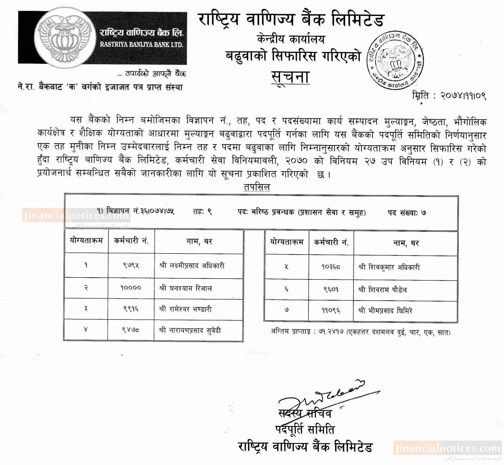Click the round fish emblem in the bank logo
(65, 38)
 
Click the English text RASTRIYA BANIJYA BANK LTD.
(142, 45)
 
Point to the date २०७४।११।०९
(463, 96)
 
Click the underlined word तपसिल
(257, 187)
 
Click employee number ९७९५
(131, 265)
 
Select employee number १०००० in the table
(131, 288)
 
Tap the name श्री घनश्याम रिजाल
(186, 288)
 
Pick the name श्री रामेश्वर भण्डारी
(186, 309)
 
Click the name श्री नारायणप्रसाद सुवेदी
(190, 330)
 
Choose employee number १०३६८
(331, 267)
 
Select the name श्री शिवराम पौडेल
(382, 290)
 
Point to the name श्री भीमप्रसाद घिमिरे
(385, 311)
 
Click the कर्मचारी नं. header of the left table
(131, 241)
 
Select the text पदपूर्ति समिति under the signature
(305, 429)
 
